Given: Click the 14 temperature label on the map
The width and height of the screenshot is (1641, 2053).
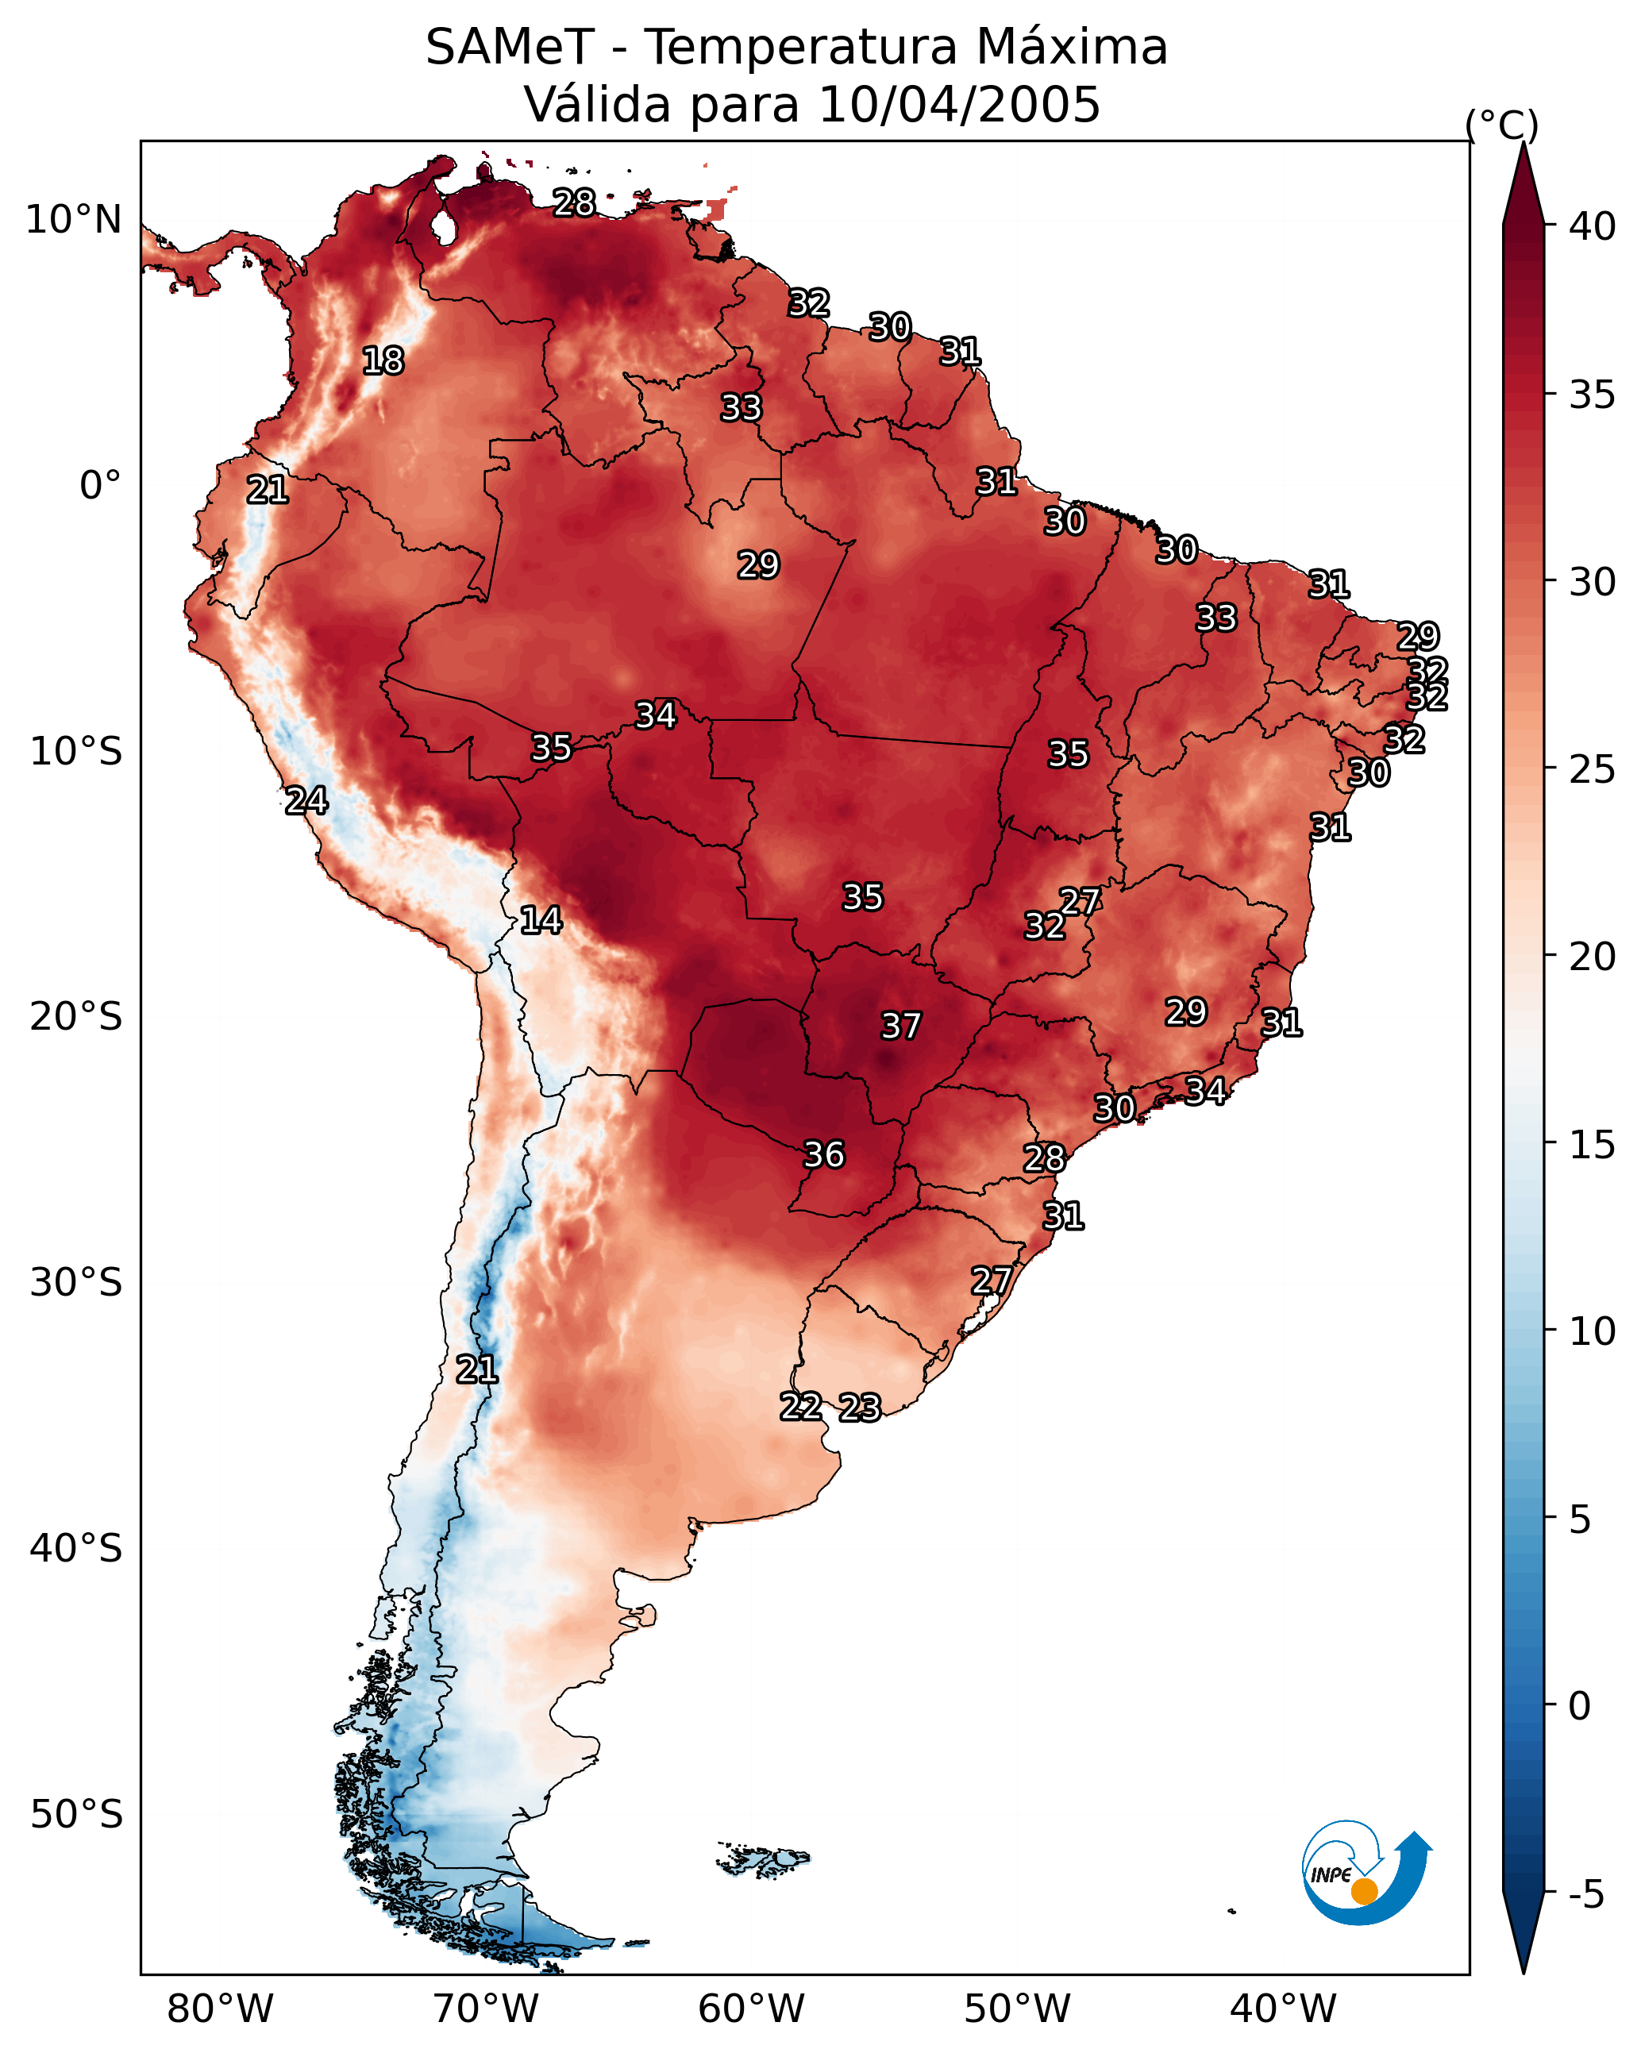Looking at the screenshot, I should coord(541,921).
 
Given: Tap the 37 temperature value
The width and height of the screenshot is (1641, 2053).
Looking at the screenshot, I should coord(901,1026).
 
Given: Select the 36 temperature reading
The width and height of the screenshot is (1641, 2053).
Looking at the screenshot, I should coord(824,1155).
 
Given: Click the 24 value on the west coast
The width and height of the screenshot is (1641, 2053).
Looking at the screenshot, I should coord(306,801).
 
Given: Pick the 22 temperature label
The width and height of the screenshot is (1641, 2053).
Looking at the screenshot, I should coord(801,1407).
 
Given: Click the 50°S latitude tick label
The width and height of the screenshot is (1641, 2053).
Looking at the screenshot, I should coord(76,1815).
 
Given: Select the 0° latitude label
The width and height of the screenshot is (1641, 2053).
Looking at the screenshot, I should coord(100,486).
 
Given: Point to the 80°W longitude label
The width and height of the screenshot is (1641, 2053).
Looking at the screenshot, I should coord(220,2009).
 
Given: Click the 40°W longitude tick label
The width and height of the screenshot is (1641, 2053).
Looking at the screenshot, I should coord(1283,2009).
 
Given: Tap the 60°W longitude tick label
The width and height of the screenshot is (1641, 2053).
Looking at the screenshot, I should coord(752,2009).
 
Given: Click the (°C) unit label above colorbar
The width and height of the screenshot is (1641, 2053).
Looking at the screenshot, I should coord(1502,125).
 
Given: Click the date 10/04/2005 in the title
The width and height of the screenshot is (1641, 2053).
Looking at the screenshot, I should coord(959,105).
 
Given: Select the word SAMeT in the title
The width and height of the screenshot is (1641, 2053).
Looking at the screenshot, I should coord(510,48).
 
